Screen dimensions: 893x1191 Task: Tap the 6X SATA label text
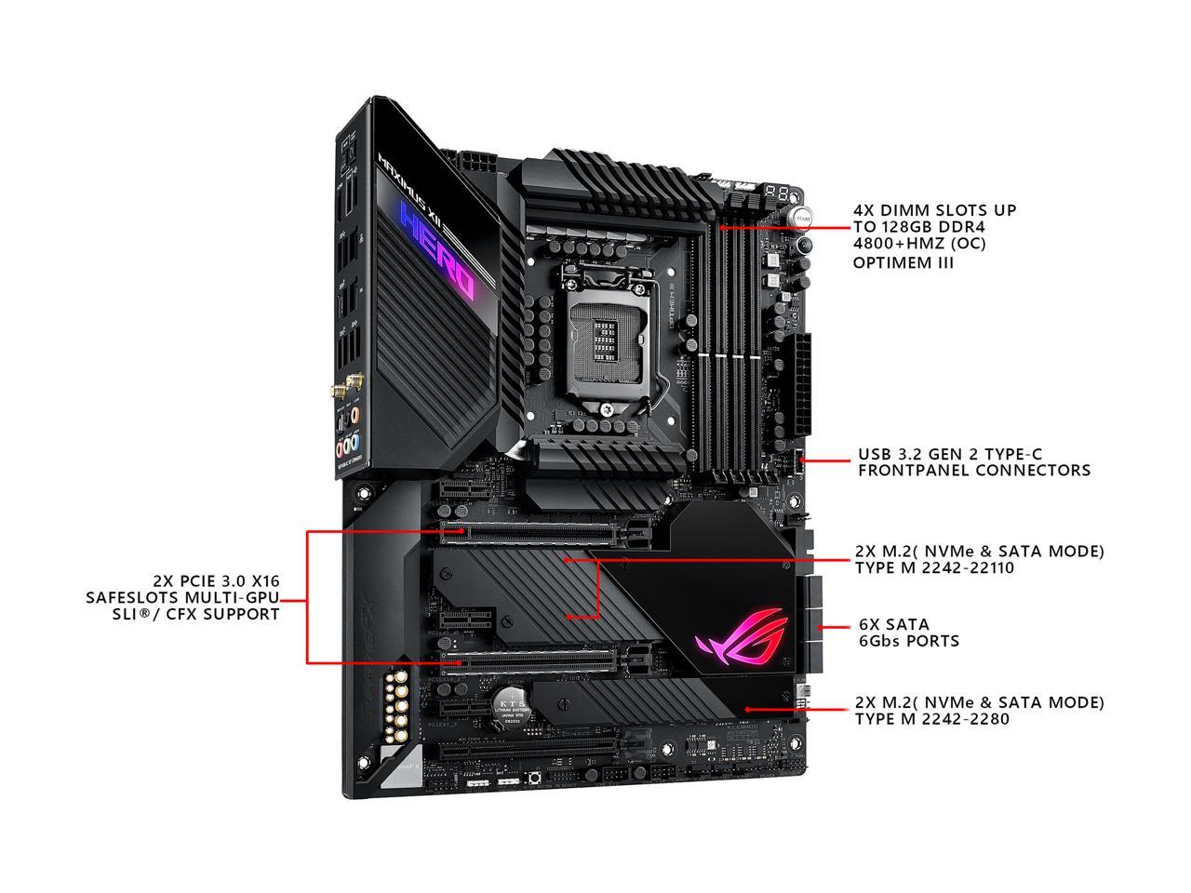878,624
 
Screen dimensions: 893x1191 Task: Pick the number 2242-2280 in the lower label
964,719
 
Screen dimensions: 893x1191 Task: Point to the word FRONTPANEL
912,471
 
